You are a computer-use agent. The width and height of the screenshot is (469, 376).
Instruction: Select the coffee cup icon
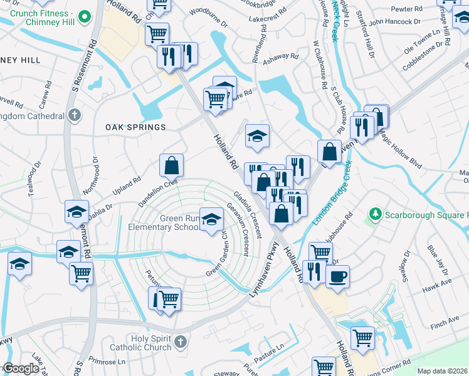(337, 277)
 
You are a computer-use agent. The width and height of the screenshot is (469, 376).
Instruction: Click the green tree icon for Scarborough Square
(376, 214)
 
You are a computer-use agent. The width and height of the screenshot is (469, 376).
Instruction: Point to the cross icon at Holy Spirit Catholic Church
(181, 342)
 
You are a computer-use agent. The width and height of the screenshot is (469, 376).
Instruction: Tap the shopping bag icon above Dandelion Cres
(171, 165)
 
